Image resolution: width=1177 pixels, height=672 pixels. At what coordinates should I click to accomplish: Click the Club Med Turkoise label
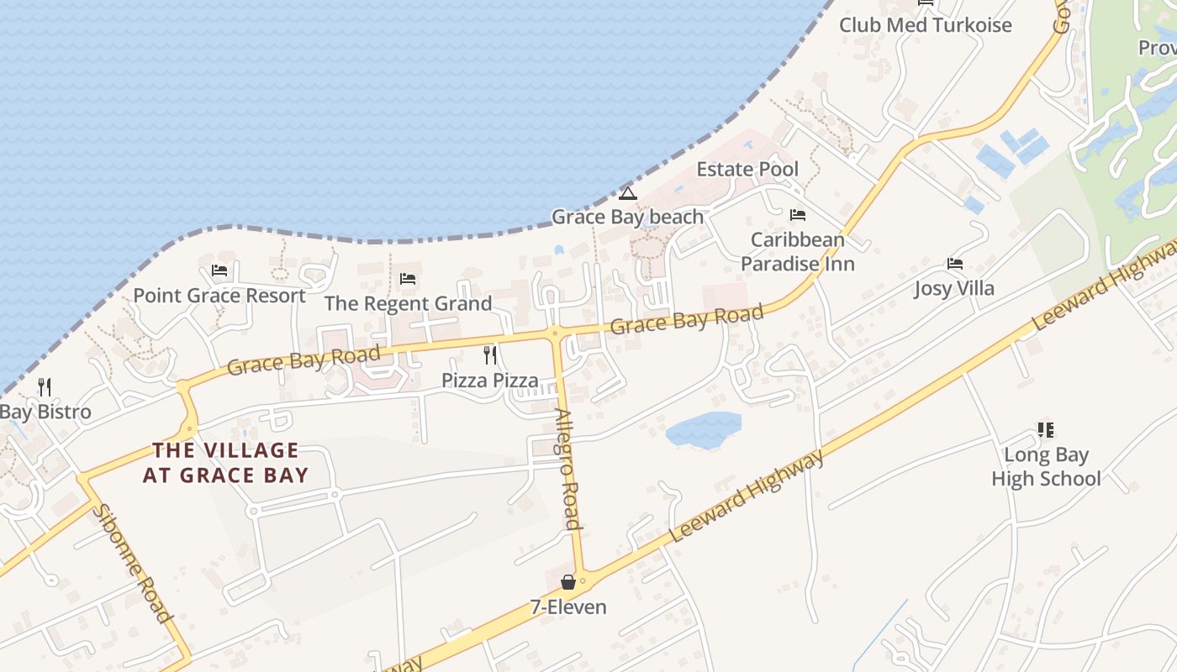(x=925, y=25)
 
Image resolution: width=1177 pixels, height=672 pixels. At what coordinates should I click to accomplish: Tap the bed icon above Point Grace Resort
(x=219, y=270)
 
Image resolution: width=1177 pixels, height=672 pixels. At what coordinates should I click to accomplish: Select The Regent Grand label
(x=408, y=303)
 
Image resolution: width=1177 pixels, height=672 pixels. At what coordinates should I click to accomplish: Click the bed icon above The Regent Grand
(x=408, y=278)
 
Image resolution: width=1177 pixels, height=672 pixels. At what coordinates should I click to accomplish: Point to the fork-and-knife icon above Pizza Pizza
(x=490, y=355)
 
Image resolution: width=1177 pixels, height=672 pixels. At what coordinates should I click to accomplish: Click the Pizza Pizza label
(x=490, y=381)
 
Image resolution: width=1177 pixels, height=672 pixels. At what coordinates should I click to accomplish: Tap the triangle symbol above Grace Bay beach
(x=627, y=193)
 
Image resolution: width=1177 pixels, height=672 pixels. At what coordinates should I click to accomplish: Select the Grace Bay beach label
(x=627, y=217)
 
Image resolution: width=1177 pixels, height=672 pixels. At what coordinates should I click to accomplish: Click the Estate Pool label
(x=747, y=170)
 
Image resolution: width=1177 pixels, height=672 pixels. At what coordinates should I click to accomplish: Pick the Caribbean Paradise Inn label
(x=797, y=252)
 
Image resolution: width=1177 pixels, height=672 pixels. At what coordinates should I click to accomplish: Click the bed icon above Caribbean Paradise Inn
(x=797, y=215)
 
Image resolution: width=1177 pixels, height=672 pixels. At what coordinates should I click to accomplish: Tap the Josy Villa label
(x=954, y=289)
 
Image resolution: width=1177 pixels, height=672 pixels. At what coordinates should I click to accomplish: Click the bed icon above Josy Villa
(x=954, y=264)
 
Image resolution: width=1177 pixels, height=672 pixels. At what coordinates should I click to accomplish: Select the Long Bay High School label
(x=1046, y=467)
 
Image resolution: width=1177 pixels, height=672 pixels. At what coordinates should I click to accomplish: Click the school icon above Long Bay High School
(x=1046, y=430)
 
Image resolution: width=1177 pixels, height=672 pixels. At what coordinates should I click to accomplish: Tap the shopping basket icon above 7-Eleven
(x=568, y=581)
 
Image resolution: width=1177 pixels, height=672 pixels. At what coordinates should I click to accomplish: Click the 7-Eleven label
(x=568, y=607)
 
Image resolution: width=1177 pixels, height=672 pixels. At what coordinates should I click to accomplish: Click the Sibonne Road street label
(x=132, y=563)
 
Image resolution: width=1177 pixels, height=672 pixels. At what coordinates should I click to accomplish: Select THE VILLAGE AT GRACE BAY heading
(x=225, y=463)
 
